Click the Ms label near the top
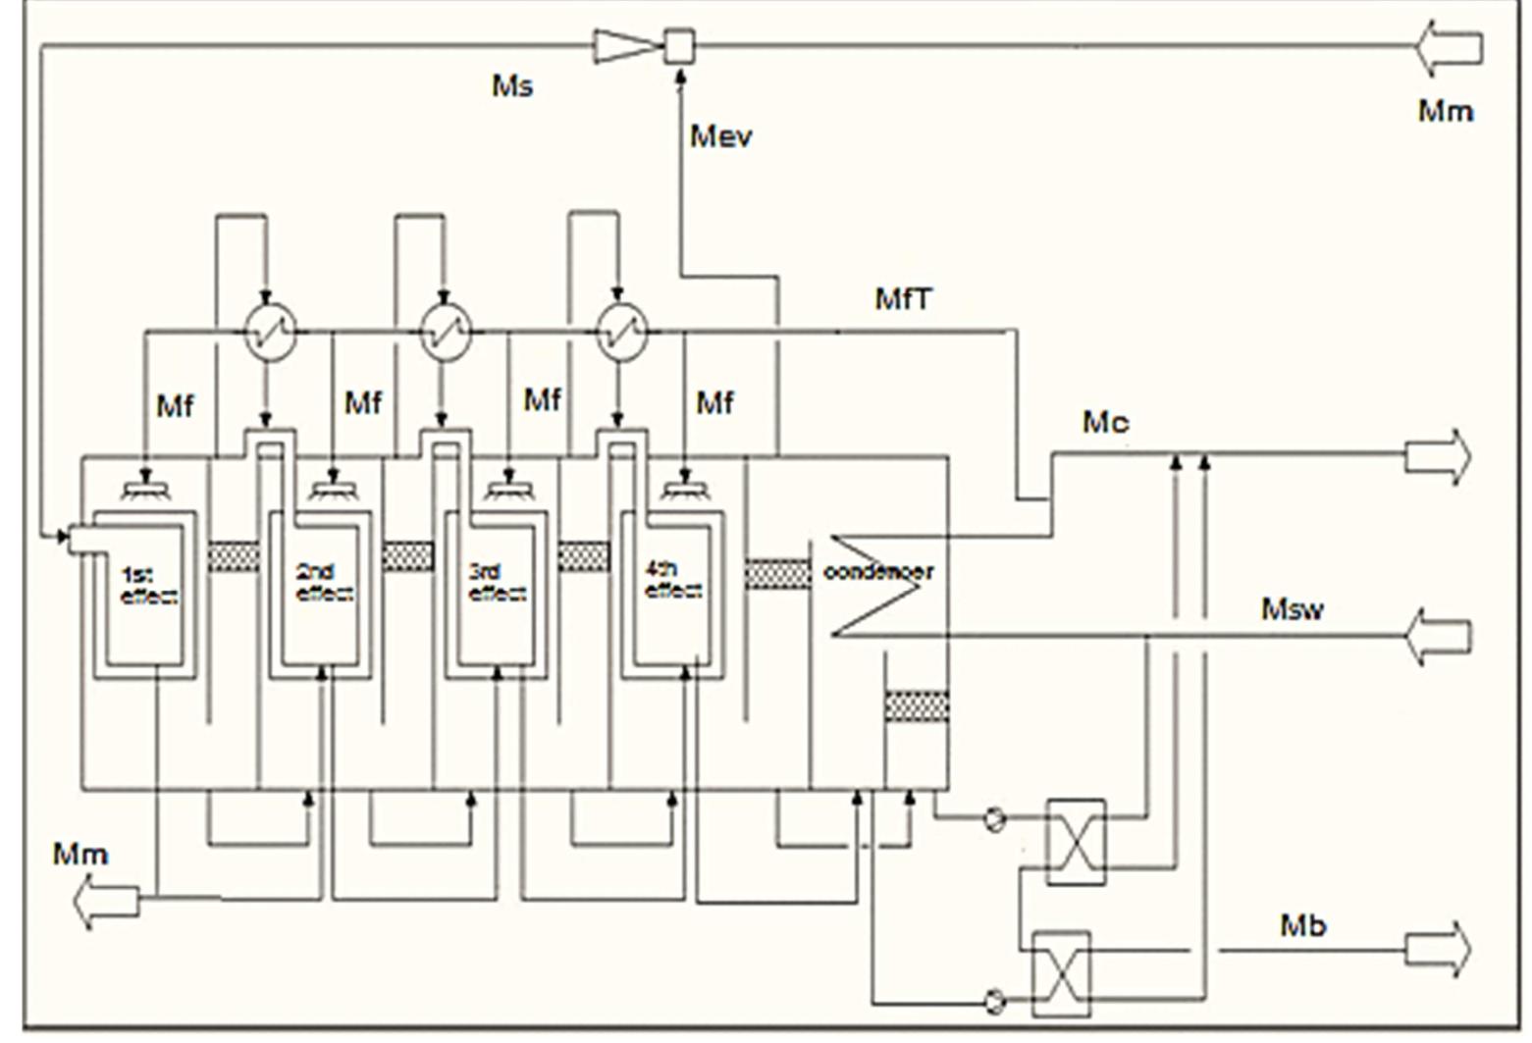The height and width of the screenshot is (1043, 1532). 512,86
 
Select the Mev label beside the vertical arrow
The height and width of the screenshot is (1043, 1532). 721,135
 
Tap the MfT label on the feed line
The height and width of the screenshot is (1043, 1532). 903,297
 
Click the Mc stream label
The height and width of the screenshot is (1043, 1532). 1105,423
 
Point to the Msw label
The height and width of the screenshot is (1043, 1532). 1292,609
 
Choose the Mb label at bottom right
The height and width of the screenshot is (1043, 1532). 1303,924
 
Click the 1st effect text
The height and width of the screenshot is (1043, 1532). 148,585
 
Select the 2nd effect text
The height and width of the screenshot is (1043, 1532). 324,583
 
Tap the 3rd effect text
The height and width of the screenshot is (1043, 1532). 497,583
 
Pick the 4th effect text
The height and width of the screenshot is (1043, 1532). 673,580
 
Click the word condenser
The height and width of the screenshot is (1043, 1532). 878,571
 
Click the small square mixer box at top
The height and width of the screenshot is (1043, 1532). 679,45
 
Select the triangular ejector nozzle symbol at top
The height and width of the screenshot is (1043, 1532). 622,46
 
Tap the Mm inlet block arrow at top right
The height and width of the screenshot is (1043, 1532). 1449,48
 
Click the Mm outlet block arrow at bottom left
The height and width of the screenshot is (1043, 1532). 106,901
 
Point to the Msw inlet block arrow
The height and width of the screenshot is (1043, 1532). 1439,636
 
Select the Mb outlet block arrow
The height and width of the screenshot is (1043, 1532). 1439,949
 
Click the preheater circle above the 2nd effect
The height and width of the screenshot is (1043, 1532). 446,333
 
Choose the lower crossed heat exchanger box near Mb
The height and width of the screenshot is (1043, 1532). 1062,973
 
